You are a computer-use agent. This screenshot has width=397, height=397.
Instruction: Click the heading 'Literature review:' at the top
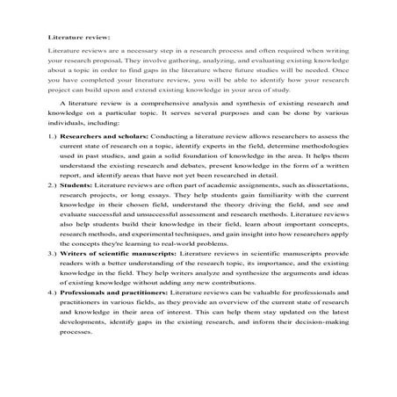[x=76, y=39]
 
